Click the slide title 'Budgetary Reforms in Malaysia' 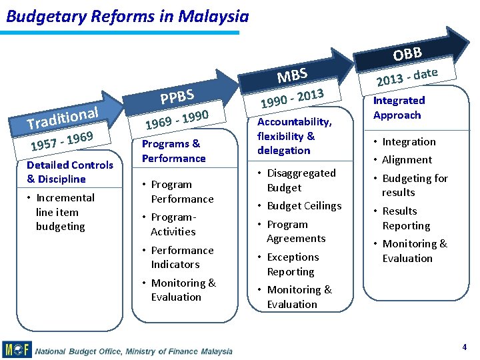coord(127,16)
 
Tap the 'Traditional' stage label coord(63,118)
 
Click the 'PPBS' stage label coord(177,97)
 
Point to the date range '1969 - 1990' coord(173,121)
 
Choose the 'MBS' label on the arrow coord(292,75)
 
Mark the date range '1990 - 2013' coord(292,98)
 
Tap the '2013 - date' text coord(407,77)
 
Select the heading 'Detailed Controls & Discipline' coord(70,172)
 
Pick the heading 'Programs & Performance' coord(173,151)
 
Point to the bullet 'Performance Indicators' coord(181,257)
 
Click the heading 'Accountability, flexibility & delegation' coord(294,136)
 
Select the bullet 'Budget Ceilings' coord(303,206)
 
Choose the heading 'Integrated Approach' coord(399,108)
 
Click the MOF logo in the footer coord(17,349)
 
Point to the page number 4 coord(464,347)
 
